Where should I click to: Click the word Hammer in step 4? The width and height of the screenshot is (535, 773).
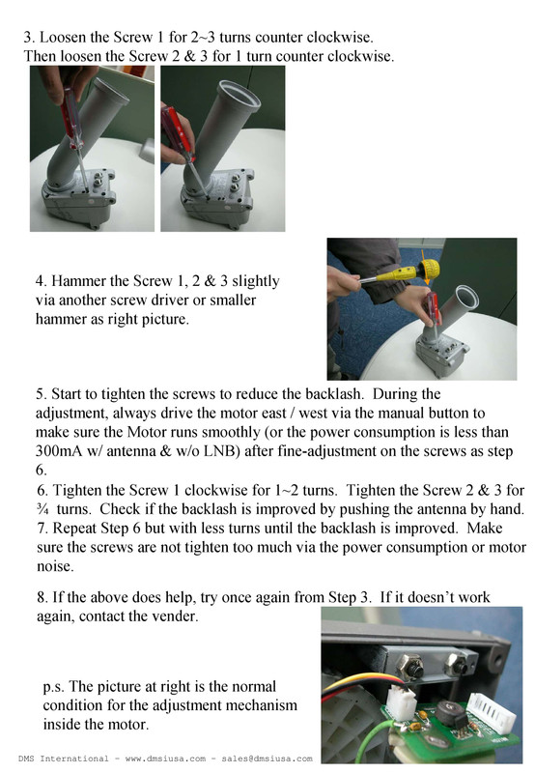click(x=83, y=281)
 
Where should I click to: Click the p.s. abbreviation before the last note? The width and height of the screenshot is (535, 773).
click(x=56, y=688)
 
